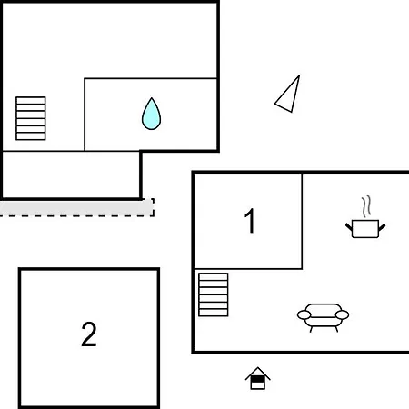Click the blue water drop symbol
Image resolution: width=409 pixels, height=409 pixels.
click(151, 115)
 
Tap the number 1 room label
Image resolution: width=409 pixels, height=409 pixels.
click(250, 221)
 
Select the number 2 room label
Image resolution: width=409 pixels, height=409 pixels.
click(89, 334)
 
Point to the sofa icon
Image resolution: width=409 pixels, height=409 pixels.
click(323, 317)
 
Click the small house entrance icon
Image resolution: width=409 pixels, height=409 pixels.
click(257, 378)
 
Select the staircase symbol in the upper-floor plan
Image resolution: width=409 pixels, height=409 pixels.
click(31, 118)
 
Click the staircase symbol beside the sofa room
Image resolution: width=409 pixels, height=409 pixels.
click(214, 294)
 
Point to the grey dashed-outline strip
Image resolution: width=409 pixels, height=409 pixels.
click(77, 208)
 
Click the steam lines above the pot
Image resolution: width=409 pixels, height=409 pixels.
click(366, 206)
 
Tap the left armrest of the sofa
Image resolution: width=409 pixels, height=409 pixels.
click(304, 315)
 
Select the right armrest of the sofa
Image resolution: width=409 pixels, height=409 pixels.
click(343, 315)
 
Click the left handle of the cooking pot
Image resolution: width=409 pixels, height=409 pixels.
click(349, 226)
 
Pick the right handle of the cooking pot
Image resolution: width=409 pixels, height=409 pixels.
click(382, 227)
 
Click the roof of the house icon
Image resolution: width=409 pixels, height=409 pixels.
click(257, 373)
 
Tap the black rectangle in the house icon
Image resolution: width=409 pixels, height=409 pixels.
click(257, 379)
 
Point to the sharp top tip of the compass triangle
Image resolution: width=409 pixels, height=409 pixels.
click(299, 75)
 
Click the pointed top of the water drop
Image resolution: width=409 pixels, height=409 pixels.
click(151, 98)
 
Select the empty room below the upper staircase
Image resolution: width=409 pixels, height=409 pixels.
click(71, 175)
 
